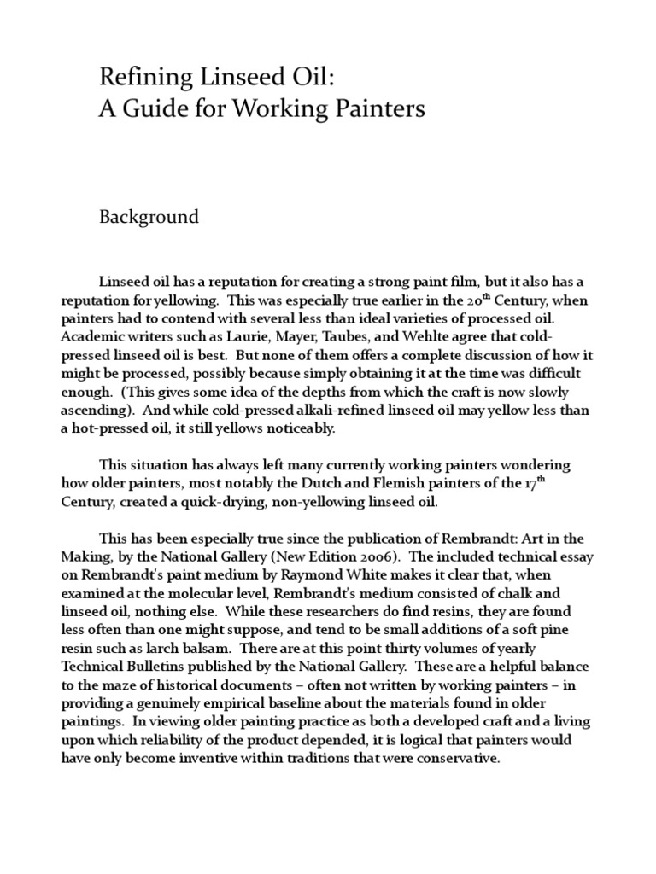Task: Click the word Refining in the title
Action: tap(137, 79)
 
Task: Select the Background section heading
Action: tap(149, 217)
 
